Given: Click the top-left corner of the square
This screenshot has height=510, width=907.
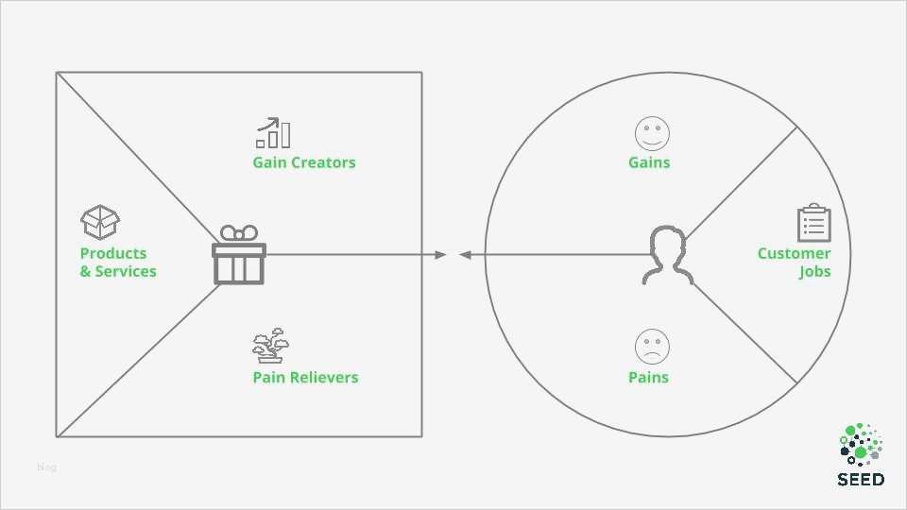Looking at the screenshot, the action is (57, 73).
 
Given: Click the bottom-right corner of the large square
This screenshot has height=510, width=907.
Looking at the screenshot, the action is (421, 436).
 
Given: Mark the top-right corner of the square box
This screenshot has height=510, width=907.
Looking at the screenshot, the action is (421, 73).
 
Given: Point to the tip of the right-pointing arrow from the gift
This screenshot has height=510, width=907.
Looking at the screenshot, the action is (447, 254).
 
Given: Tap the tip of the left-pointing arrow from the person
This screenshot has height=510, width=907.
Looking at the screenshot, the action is (459, 254).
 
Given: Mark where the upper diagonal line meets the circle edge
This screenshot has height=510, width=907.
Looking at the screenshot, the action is (797, 127).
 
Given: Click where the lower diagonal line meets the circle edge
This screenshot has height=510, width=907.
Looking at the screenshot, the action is (797, 382).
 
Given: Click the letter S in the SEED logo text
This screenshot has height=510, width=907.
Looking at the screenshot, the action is (843, 480).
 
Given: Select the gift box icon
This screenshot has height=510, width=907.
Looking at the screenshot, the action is (239, 255).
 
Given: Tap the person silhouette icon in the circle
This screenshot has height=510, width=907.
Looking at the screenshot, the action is (668, 255).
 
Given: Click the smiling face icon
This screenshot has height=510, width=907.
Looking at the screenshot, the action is (652, 133).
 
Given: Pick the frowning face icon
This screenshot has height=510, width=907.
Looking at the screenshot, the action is (652, 347).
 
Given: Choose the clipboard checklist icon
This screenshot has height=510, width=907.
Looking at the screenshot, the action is (813, 223).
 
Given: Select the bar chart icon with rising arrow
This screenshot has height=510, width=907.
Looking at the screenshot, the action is (273, 132).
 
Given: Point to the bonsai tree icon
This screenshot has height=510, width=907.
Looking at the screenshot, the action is (271, 346).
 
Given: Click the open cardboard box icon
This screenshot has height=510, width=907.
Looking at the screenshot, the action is (100, 222).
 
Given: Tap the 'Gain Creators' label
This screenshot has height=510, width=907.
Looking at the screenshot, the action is (304, 162).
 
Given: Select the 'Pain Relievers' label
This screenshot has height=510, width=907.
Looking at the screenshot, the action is (305, 378).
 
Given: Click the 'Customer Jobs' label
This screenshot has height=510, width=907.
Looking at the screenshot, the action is (795, 263).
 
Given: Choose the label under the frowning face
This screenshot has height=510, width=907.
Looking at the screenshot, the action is (648, 378).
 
